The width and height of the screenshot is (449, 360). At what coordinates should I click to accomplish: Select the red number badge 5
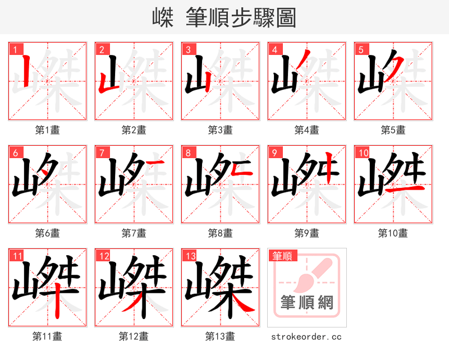coord(361,49)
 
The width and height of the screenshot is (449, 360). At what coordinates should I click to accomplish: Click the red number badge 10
coord(363,153)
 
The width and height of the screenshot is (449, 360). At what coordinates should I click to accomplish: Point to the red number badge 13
coord(190,256)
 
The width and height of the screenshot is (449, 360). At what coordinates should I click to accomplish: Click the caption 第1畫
coord(48,130)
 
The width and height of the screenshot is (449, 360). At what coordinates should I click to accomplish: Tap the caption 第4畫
coord(306,130)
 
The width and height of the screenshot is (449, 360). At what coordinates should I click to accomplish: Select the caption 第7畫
coord(134,233)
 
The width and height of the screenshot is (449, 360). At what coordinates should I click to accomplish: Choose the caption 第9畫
coord(306,233)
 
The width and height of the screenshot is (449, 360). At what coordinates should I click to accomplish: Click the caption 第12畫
coord(134,336)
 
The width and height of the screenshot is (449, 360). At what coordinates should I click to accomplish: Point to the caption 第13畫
coord(220,336)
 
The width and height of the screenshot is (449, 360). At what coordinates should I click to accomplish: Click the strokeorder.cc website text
coord(306,336)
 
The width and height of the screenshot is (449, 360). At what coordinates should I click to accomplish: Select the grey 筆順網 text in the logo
coord(307,303)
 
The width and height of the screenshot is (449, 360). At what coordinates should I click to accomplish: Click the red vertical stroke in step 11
coord(58,300)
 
